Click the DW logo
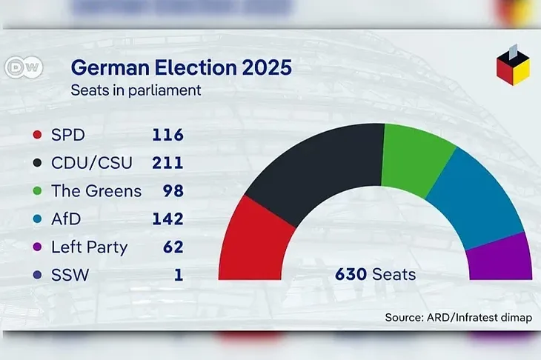point(24,67)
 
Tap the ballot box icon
point(513,65)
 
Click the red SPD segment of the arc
point(256,241)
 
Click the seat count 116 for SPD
point(167,135)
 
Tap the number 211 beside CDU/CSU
point(167,163)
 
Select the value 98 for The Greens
point(173,190)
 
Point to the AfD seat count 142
point(167,219)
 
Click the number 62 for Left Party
point(173,247)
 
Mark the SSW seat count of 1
point(179,275)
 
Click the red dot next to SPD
point(37,135)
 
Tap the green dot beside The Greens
point(37,190)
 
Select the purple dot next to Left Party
point(37,247)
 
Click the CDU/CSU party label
point(92,163)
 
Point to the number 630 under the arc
point(351,275)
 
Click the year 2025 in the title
point(267,67)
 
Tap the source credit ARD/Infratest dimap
point(479,317)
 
